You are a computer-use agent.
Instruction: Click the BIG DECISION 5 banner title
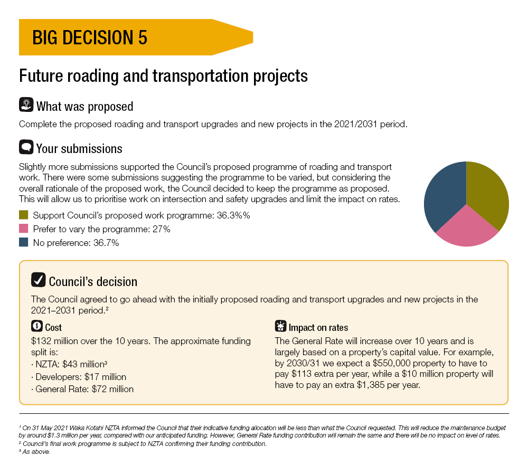(x=90, y=37)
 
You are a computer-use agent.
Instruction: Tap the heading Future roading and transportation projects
(x=163, y=76)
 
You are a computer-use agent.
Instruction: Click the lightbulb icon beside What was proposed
(x=26, y=105)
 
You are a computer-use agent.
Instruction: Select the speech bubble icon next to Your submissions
(x=26, y=147)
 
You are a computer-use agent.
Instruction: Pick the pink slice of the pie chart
(x=467, y=229)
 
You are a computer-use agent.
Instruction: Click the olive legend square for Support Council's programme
(x=24, y=215)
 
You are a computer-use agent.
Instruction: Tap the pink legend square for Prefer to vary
(x=24, y=229)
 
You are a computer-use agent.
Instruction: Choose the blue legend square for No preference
(x=24, y=243)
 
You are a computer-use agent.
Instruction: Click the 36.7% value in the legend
(x=106, y=243)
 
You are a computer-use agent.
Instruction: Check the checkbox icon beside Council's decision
(x=38, y=280)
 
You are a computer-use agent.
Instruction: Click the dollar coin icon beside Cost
(x=37, y=326)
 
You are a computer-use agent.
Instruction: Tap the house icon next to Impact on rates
(x=280, y=326)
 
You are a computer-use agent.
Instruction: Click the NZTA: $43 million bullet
(x=69, y=364)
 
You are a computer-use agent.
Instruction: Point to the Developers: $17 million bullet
(x=79, y=377)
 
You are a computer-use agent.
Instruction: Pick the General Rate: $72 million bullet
(x=82, y=389)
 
